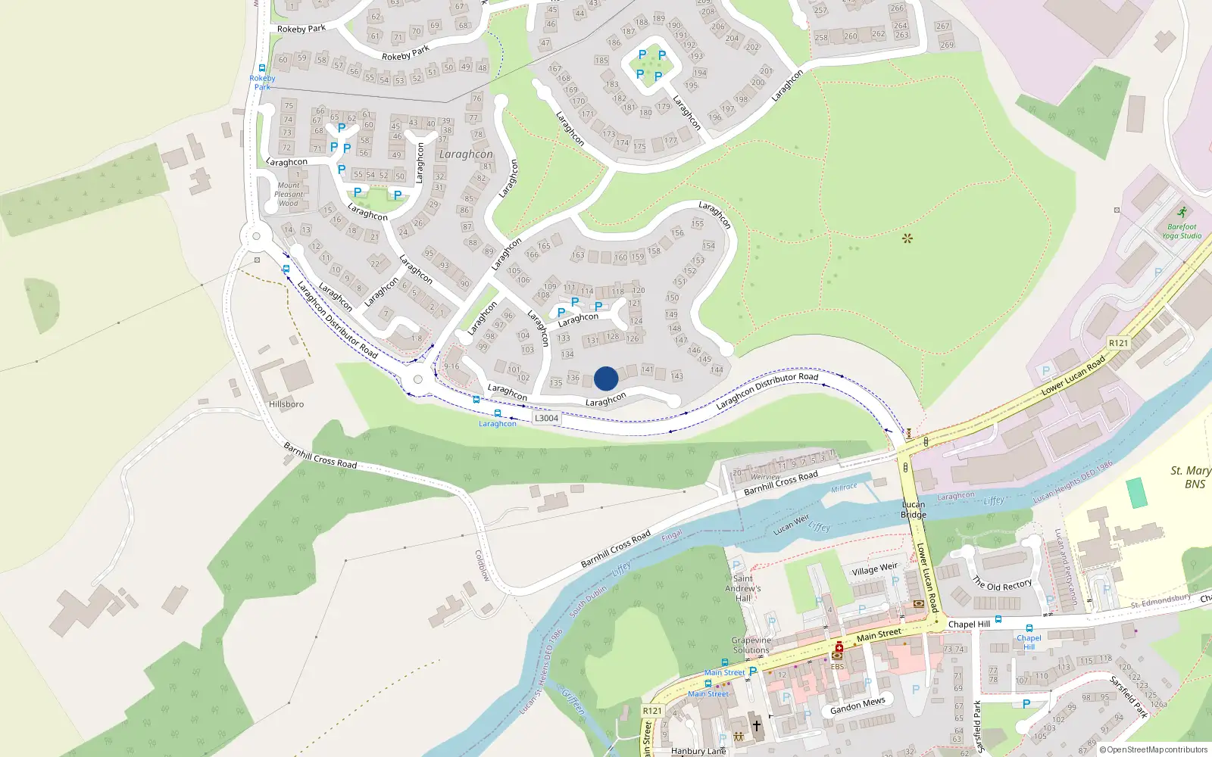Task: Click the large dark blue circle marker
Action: [x=606, y=378]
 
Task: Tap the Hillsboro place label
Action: [x=286, y=404]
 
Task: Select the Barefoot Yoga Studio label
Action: [x=1182, y=231]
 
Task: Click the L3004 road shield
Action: [x=546, y=418]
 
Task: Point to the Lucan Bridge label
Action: [x=914, y=509]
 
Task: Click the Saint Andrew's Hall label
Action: [x=743, y=588]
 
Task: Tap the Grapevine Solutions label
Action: [x=751, y=645]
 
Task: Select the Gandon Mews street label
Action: [x=857, y=706]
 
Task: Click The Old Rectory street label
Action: [x=1002, y=584]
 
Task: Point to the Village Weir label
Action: [x=874, y=569]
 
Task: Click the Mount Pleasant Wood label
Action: [x=289, y=194]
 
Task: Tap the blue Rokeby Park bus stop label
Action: [x=262, y=83]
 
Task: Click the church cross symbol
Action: [x=756, y=725]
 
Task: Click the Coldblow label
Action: [x=483, y=565]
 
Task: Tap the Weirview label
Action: [x=765, y=477]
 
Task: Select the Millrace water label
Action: [x=844, y=488]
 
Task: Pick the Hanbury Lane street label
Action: [x=698, y=751]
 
